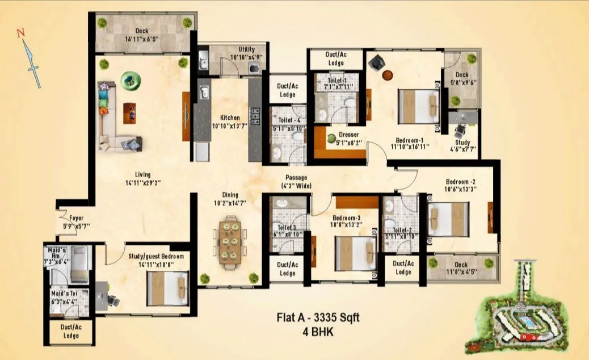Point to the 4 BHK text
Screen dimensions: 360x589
(318, 331)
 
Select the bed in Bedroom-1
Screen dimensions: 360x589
(419, 106)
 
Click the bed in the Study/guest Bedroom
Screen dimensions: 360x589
(167, 288)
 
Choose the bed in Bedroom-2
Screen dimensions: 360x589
(448, 219)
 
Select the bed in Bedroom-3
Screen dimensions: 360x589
(355, 253)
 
